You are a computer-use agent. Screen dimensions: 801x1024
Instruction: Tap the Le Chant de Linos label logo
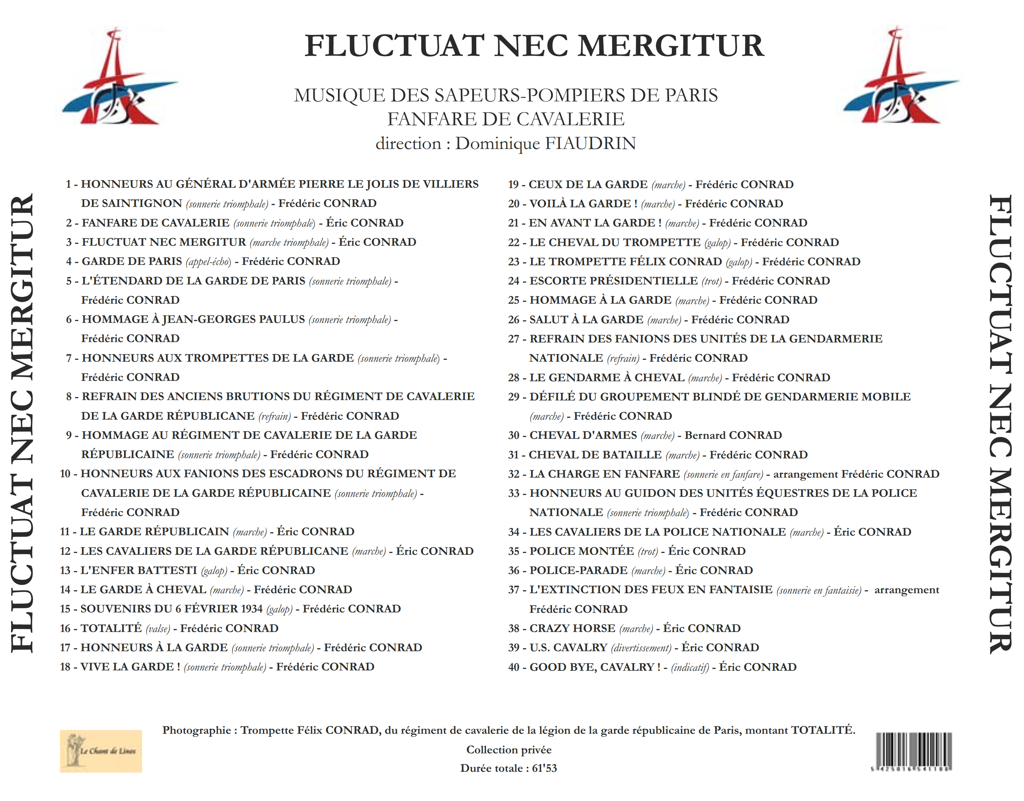[101, 751]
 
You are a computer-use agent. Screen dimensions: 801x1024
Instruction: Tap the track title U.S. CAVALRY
[568, 648]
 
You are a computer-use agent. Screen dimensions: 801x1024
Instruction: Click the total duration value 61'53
[544, 768]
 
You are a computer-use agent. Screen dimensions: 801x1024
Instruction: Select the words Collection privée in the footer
[509, 750]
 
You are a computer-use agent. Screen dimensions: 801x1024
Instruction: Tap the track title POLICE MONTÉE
[582, 551]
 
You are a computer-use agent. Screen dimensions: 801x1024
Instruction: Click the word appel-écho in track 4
[209, 261]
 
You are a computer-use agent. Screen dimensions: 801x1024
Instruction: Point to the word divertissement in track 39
[641, 648]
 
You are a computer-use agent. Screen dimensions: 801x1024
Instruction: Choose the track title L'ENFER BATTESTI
[139, 570]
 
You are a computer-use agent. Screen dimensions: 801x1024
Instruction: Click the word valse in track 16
[157, 629]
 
